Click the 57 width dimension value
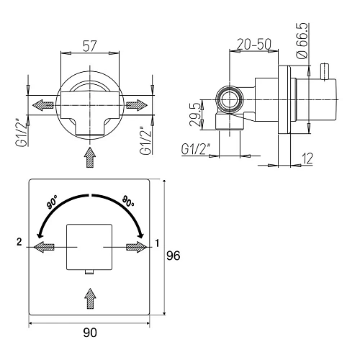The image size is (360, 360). pyautogui.click(x=90, y=46)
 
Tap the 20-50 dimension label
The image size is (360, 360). pyautogui.click(x=254, y=44)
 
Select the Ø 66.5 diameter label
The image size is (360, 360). pyautogui.click(x=302, y=40)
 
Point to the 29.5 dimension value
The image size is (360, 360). pyautogui.click(x=194, y=114)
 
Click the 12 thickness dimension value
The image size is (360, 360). pyautogui.click(x=307, y=158)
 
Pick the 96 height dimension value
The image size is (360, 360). pyautogui.click(x=174, y=256)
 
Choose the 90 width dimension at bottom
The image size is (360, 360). pyautogui.click(x=90, y=333)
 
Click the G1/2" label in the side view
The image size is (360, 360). pyautogui.click(x=196, y=149)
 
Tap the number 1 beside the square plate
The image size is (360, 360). pyautogui.click(x=157, y=243)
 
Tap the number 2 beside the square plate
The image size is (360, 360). pyautogui.click(x=19, y=242)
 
